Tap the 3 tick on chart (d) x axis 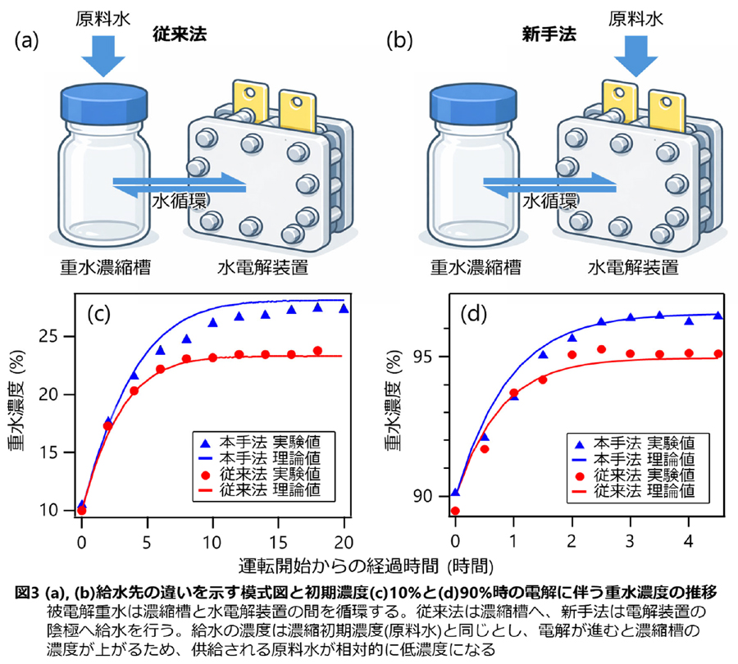point(630,543)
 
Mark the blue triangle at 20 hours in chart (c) point(344,308)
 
